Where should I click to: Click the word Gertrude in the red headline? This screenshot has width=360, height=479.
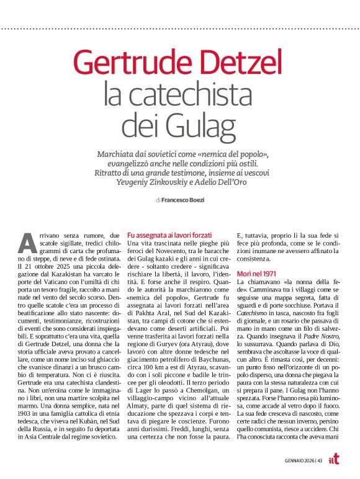coord(130,62)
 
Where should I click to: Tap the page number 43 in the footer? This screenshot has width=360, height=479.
coord(320,460)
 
